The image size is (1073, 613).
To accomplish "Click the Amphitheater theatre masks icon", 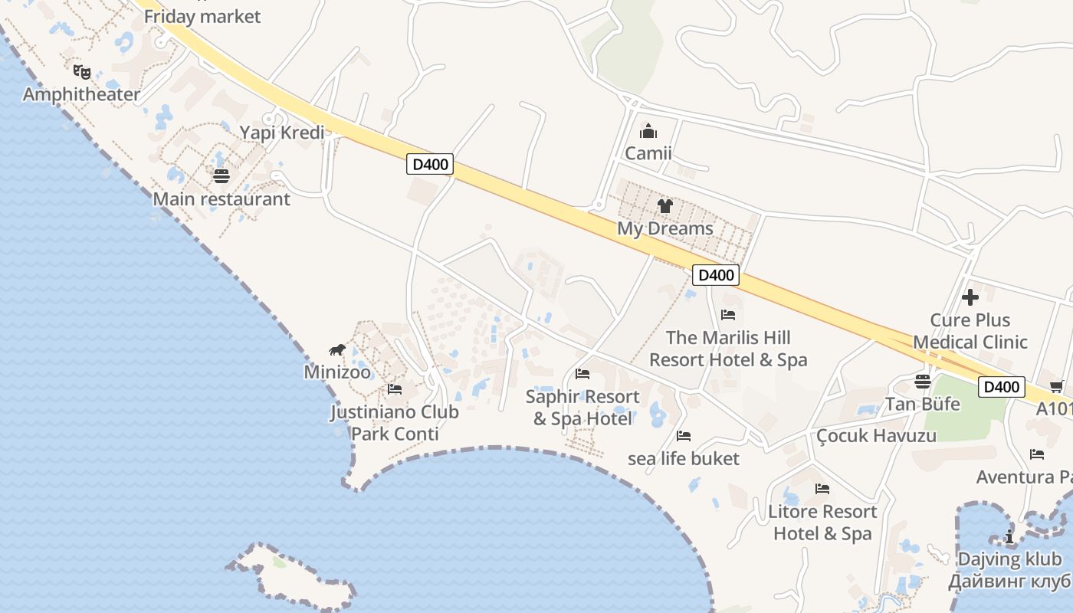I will tap(82, 72).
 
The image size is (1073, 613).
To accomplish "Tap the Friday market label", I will tap(202, 16).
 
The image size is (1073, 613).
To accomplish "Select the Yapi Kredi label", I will tap(281, 133).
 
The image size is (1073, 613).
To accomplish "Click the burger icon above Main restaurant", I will tap(221, 177).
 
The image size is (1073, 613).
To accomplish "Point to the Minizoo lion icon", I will tap(337, 350).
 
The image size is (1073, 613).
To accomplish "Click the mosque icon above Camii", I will tap(648, 131).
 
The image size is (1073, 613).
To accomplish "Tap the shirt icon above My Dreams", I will tap(664, 206).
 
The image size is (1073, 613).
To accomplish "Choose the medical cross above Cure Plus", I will tap(970, 297).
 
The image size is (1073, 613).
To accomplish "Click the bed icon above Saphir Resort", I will tap(582, 374).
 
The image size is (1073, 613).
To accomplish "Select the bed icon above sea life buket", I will tap(684, 436).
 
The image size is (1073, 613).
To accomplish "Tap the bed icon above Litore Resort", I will tap(822, 489).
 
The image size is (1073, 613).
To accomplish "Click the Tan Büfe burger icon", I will tap(923, 382).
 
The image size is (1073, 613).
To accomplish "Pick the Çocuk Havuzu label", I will tap(876, 436).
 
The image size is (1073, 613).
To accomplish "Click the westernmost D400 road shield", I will tap(430, 164).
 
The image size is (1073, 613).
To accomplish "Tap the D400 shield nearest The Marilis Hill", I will tap(715, 275).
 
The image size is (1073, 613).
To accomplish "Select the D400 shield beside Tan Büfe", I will tap(1001, 387).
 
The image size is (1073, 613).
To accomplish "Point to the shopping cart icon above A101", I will tap(1056, 387).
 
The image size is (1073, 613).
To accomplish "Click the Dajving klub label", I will tap(1010, 559).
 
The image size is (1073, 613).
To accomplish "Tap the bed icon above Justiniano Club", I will tap(395, 389).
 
